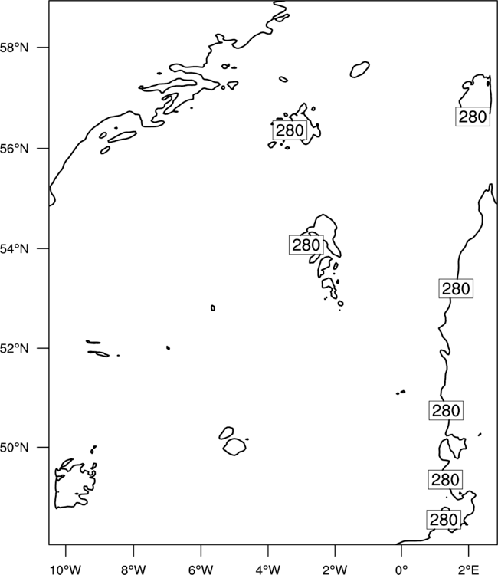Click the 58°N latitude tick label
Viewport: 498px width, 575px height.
coord(14,48)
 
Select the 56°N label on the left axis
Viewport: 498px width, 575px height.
coord(14,149)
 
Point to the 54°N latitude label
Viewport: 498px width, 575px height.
coord(14,249)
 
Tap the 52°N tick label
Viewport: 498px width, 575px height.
coord(14,348)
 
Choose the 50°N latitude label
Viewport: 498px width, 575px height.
coord(14,448)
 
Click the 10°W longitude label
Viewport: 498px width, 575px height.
coord(65,570)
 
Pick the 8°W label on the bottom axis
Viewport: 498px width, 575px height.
coord(133,570)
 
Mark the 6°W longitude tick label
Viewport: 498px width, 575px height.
coord(201,570)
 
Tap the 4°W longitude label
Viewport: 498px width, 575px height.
coord(268,570)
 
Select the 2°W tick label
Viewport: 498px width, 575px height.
coord(335,570)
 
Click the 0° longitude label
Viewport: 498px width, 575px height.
coord(401,570)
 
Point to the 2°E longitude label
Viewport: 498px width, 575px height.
coord(469,570)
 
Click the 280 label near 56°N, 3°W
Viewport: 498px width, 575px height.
coord(290,130)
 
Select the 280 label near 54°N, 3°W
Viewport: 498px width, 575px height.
coord(306,245)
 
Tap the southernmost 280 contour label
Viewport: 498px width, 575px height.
coord(444,520)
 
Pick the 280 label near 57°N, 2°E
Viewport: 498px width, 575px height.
coord(473,117)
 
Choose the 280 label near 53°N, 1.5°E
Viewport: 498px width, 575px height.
coord(456,288)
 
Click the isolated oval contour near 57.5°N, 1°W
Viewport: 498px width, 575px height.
coord(359,69)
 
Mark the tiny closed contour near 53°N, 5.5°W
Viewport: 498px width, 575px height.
coord(213,308)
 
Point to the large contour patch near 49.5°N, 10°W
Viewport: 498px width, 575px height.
coord(56,491)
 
